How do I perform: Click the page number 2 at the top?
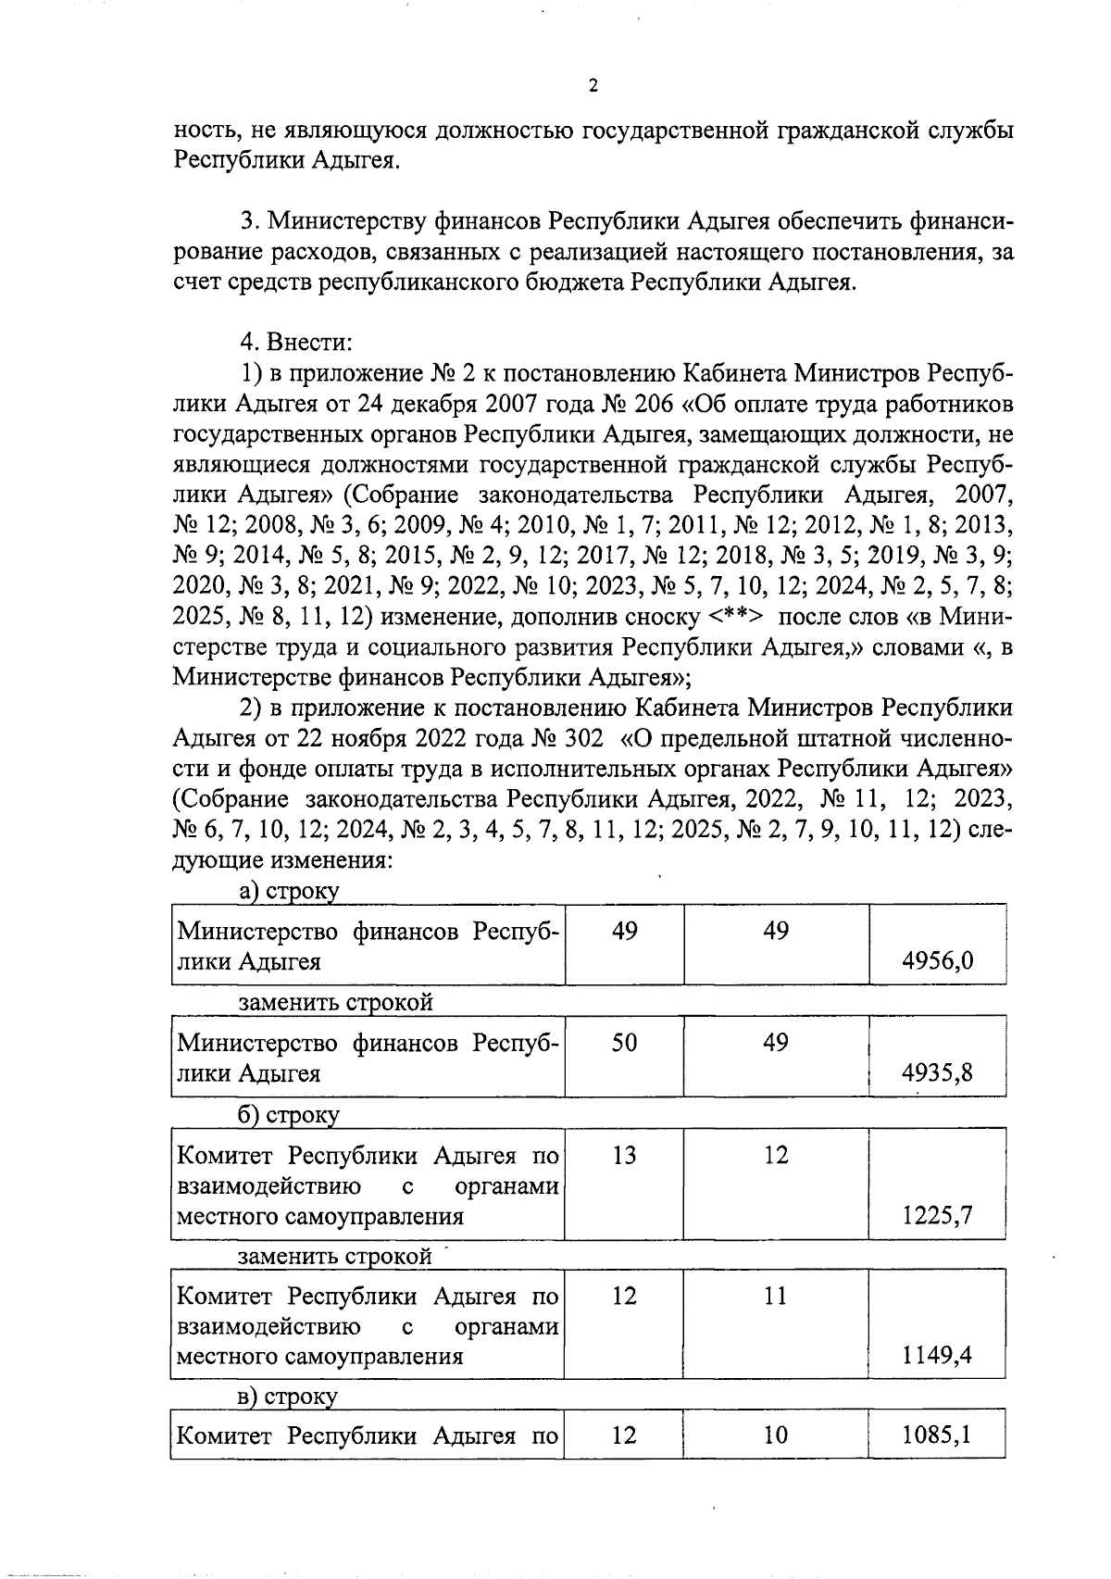[x=593, y=86]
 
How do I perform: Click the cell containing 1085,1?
[x=937, y=1435]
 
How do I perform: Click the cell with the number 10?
[x=776, y=1435]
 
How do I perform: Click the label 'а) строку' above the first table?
[x=289, y=891]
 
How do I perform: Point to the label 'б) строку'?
[x=289, y=1115]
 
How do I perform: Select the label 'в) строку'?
[x=288, y=1396]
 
